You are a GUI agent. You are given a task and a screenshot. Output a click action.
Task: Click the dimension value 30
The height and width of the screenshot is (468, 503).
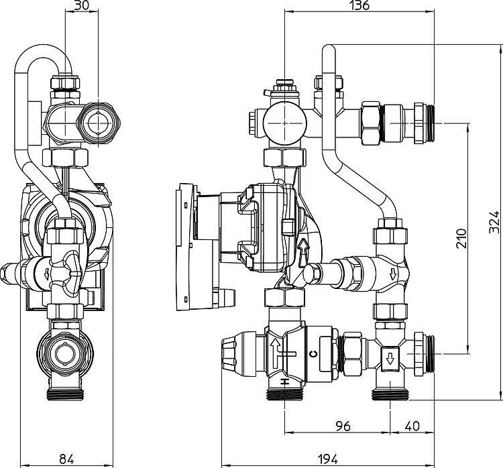pos(81,5)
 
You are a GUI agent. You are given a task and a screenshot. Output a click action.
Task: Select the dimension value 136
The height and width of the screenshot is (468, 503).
pos(359,5)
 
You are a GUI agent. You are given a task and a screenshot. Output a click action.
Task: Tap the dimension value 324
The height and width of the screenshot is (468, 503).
pos(494,222)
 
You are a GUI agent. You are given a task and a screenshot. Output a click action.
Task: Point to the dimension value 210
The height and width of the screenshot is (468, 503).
pos(461,238)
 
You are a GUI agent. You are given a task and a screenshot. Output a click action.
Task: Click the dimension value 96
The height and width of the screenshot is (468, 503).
pos(343,426)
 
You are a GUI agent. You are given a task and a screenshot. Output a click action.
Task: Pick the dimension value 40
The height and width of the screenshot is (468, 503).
pos(412,426)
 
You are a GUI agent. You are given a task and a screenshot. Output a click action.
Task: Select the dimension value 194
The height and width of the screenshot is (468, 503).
pos(327,459)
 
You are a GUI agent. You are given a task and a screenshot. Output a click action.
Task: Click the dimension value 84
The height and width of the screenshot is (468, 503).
pos(66,459)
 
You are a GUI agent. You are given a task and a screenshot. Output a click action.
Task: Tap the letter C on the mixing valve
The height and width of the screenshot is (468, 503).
pos(313,354)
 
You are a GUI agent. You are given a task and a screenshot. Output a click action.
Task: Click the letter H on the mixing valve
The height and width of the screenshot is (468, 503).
pos(284,382)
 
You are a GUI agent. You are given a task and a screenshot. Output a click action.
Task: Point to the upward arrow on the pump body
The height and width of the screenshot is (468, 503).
pos(303,253)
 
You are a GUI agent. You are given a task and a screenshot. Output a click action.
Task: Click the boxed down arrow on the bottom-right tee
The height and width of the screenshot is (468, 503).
pos(390,359)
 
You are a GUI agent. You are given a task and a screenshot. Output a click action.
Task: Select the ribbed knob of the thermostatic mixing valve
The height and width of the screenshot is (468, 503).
pos(238,353)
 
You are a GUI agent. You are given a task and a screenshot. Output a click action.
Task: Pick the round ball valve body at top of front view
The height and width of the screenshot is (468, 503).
pos(285,123)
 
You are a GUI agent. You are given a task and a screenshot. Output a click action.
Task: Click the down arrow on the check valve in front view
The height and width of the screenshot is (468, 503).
pos(392,274)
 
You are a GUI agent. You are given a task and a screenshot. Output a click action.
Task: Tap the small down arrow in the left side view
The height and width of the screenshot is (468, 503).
pos(47,274)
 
